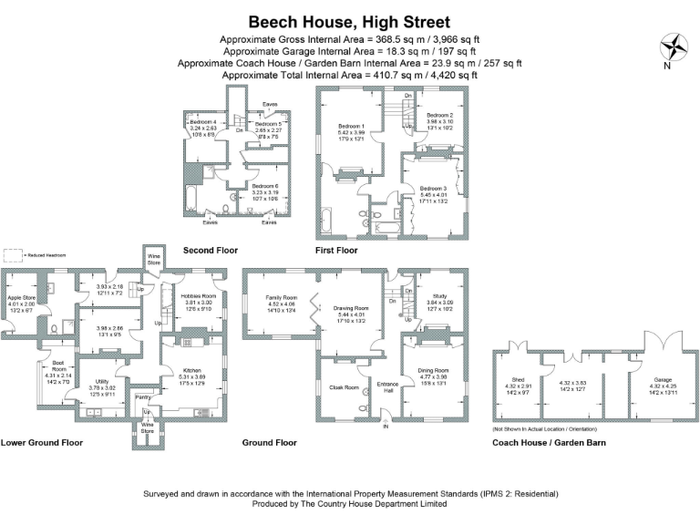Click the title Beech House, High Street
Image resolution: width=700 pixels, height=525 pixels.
coord(349,21)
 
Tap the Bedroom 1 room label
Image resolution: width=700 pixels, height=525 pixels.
coord(351,126)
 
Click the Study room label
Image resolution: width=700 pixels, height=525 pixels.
coord(428,295)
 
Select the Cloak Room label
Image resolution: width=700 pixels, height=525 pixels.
coord(344,387)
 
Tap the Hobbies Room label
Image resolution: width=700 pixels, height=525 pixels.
coord(198,296)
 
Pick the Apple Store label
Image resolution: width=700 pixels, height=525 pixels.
coord(21,298)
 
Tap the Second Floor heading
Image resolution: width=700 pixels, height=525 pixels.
coord(211,250)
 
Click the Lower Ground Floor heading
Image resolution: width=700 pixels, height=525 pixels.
coord(42,442)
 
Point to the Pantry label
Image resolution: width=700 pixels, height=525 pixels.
coord(141,397)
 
